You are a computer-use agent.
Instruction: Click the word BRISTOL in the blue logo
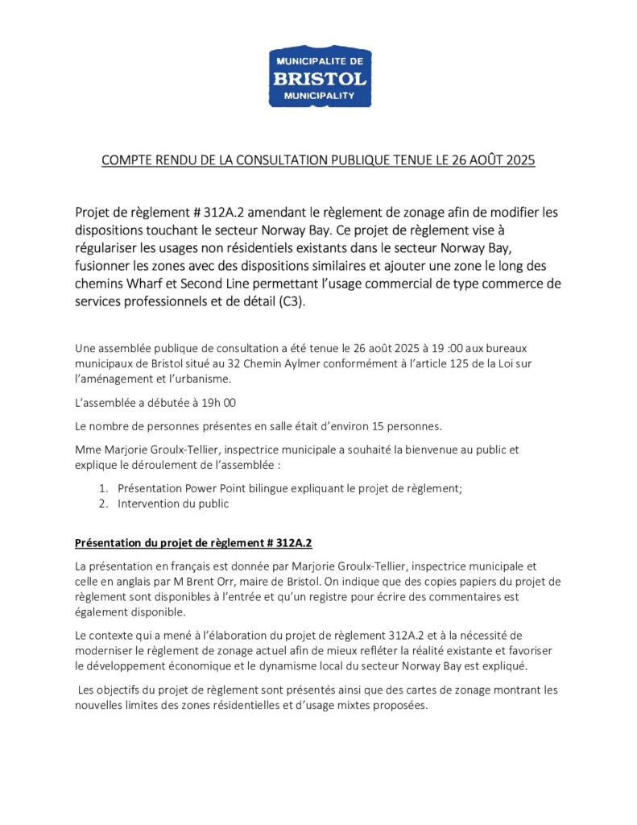coord(320,78)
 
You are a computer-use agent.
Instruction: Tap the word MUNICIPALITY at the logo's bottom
coord(320,95)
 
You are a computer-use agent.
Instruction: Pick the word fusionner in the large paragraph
coord(105,265)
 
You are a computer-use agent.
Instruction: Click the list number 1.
coord(103,488)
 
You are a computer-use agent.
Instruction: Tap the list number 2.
coord(103,504)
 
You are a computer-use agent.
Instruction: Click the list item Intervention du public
coord(173,504)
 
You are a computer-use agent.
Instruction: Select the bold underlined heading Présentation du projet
coord(193,542)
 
